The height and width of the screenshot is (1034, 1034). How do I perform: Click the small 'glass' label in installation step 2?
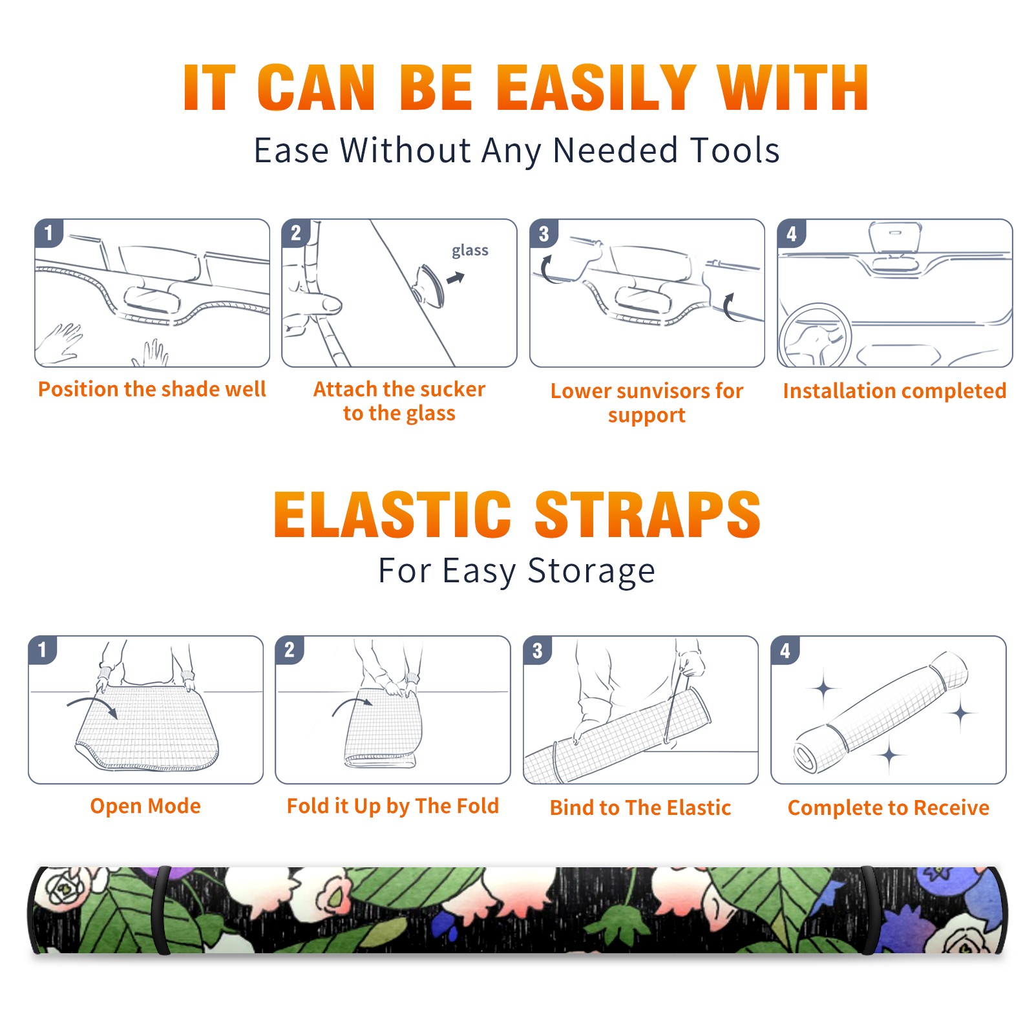point(470,251)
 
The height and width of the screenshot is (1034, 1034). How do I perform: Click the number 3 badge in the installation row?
point(543,234)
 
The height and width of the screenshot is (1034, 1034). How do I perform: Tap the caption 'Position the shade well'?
point(152,389)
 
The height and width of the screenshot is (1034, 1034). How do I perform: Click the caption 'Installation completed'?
point(894,391)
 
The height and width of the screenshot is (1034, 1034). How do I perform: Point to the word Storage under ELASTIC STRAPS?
point(591,571)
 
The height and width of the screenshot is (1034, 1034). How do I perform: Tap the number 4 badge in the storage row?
point(785,651)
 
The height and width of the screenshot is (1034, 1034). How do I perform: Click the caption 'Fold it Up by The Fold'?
point(393,807)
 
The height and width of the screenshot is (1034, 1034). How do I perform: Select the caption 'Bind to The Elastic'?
point(640,808)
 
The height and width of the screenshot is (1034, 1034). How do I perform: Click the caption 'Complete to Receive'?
point(889,808)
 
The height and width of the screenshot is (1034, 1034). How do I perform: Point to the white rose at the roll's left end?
point(65,889)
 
